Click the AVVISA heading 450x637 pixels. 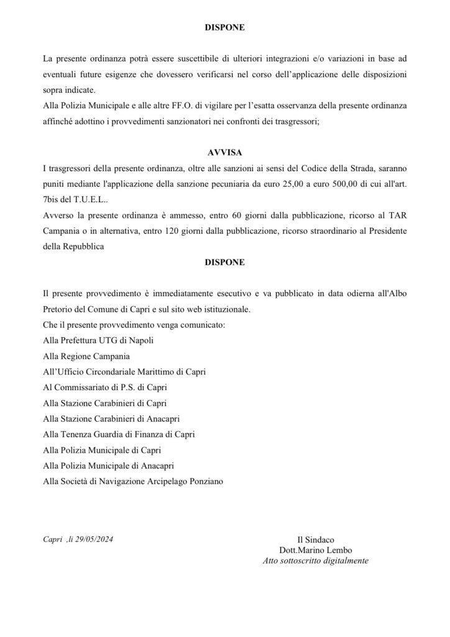pyautogui.click(x=224, y=152)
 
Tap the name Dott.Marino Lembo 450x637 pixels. pyautogui.click(x=316, y=550)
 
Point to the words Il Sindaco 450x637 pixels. pyautogui.click(x=316, y=539)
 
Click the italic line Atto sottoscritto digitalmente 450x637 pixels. pyautogui.click(x=316, y=560)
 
